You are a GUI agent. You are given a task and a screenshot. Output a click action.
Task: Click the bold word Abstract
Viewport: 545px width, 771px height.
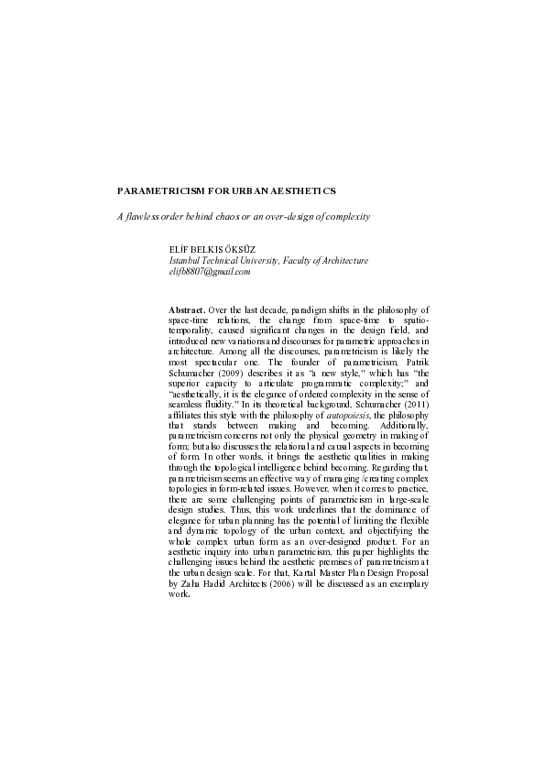187,311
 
